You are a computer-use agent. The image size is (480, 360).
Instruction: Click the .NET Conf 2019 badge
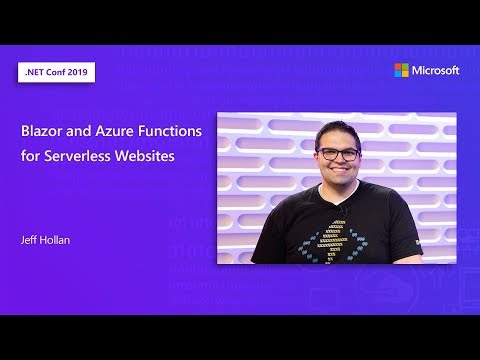tap(56, 73)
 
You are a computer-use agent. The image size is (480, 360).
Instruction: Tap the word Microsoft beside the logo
tap(435, 70)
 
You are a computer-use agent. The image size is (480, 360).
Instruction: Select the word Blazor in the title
tap(45, 131)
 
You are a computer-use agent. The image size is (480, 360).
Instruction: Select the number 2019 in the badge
tap(79, 73)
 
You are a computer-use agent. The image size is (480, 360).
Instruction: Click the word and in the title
tap(82, 131)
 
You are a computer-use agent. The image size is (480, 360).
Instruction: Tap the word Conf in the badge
tap(54, 73)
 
